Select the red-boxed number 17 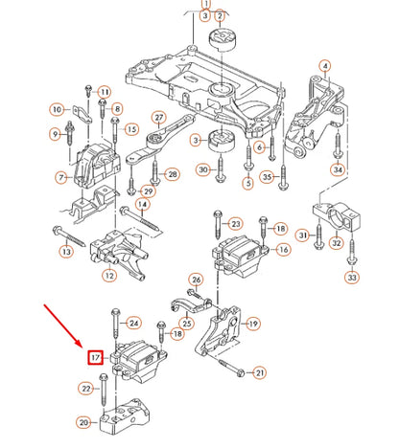coord(96,359)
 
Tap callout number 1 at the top coord(204,5)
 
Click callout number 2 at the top coord(221,17)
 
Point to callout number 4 coord(324,66)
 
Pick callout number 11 coord(104,91)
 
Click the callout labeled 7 coord(61,177)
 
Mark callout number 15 coord(131,129)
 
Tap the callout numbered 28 coord(173,173)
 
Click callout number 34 coord(338,169)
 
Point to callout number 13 coord(65,251)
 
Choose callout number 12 coord(109,277)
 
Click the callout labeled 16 coord(284,250)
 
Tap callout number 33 coord(352,278)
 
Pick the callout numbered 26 coord(196,280)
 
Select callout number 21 coord(258,372)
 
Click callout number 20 coord(83,422)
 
